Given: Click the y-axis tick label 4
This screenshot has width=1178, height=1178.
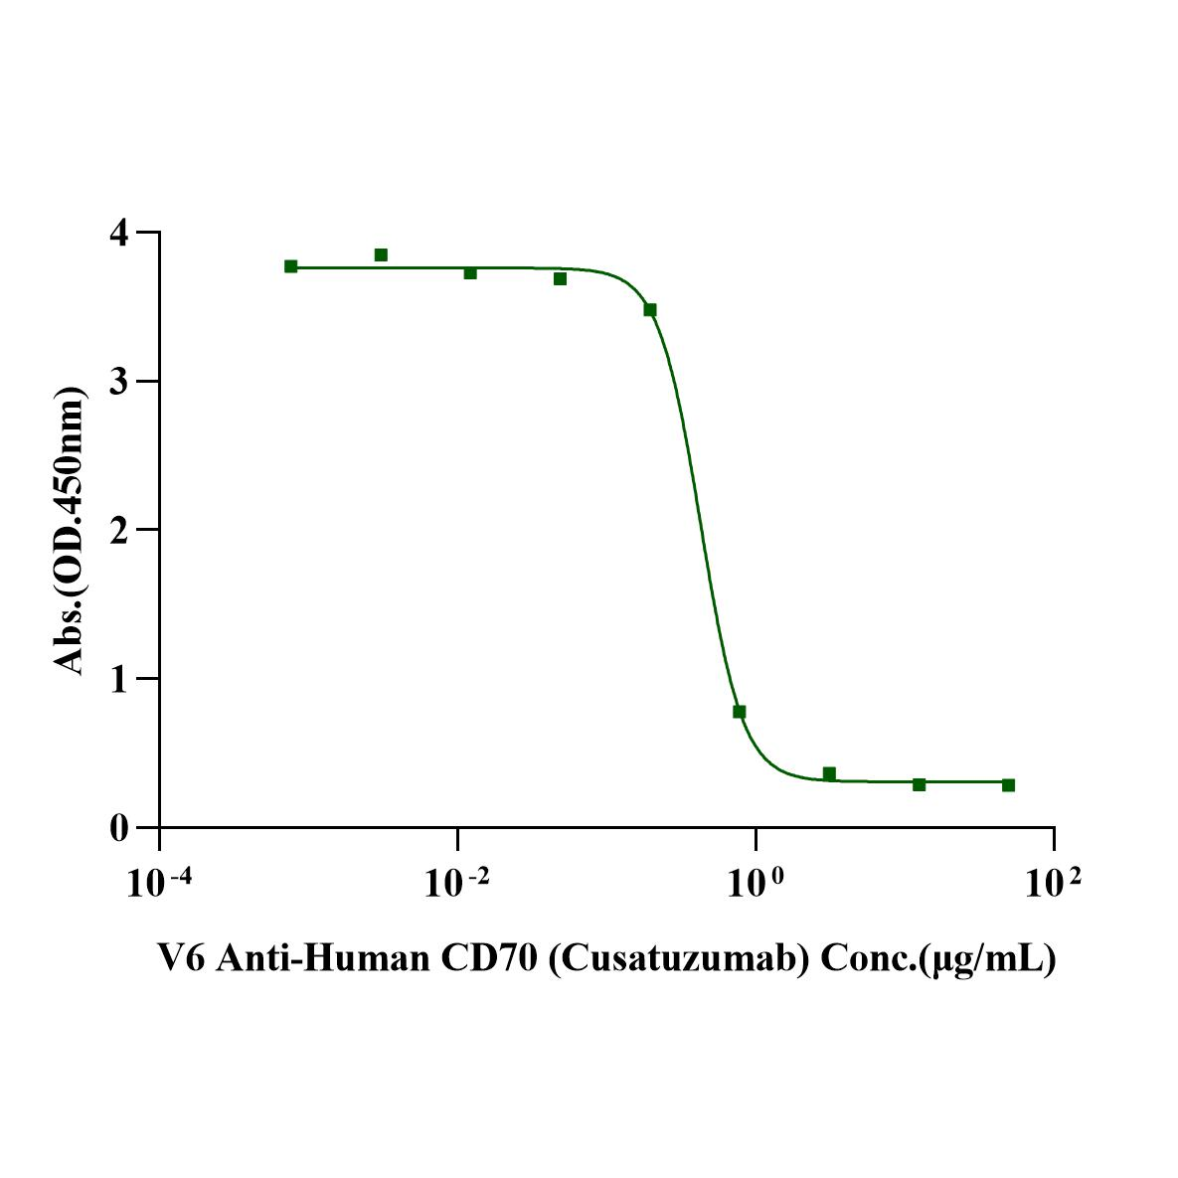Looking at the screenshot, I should (118, 233).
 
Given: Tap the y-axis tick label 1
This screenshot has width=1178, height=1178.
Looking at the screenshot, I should (118, 678).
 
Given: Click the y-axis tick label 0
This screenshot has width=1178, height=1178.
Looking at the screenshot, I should (118, 827).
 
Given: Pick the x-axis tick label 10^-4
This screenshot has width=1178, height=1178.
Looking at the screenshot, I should (160, 882).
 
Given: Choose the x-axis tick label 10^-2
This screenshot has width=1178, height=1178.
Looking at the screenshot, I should (457, 882).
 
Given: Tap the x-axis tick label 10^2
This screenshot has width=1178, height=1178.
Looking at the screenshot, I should (1053, 882).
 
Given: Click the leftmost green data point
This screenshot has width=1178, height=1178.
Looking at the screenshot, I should (291, 266).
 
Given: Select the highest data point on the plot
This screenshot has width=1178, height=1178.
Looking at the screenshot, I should (381, 255).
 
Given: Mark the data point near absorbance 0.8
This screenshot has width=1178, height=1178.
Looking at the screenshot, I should (739, 712).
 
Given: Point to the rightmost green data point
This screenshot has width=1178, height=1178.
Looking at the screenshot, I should (1008, 785).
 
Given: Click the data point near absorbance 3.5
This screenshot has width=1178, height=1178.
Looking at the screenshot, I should (650, 310).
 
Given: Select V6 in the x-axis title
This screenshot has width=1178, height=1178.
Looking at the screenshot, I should (180, 958).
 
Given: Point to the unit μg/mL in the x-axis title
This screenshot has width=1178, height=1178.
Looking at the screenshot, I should (988, 959).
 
